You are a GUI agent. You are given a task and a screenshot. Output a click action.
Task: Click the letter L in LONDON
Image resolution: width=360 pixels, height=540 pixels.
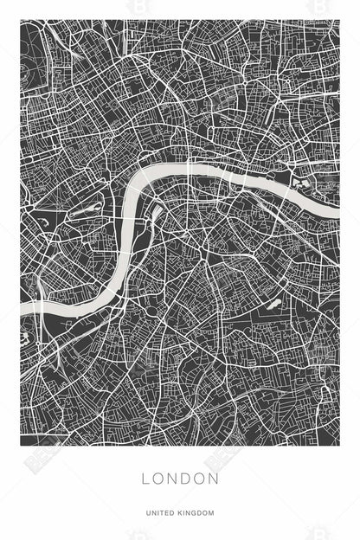click(145, 478)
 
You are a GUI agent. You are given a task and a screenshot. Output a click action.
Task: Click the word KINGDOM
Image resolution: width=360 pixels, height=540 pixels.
click(197, 513)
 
